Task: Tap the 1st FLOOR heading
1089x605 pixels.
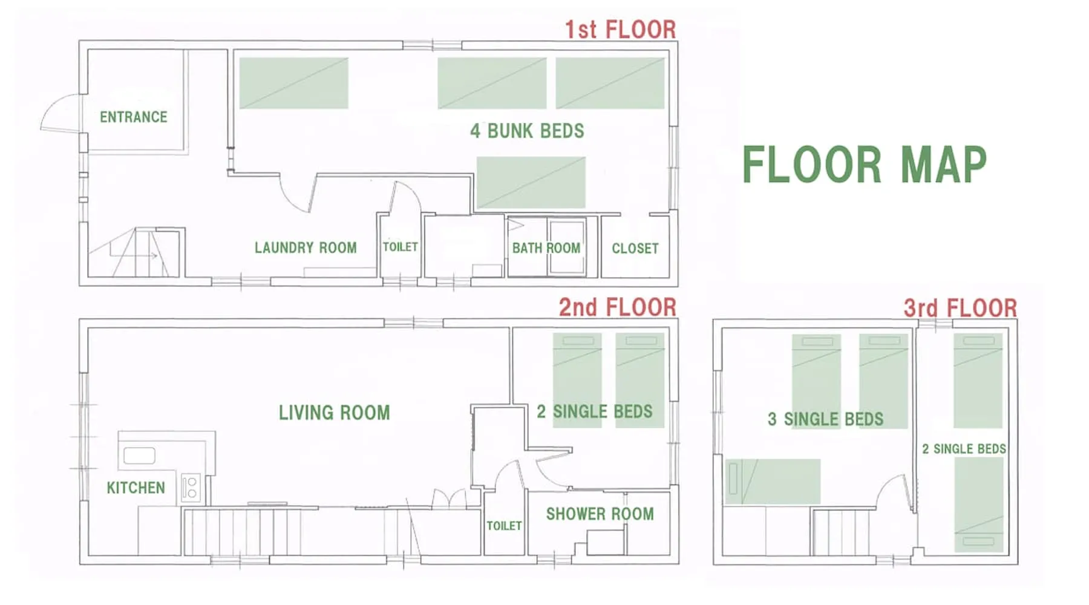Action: [620, 30]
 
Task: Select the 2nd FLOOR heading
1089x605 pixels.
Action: [617, 307]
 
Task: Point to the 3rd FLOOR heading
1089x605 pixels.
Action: [960, 308]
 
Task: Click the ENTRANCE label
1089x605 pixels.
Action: [134, 117]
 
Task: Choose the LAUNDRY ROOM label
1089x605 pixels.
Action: [306, 247]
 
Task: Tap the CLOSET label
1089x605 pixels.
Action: [635, 248]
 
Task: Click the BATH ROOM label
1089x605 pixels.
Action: [546, 248]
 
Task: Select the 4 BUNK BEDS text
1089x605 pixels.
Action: [527, 131]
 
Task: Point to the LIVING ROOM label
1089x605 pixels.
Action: [335, 413]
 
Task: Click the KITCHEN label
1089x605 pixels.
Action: [136, 488]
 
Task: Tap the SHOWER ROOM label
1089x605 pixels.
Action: [600, 514]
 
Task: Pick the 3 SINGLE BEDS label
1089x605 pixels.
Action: [825, 419]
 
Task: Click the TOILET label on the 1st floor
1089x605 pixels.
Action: [401, 247]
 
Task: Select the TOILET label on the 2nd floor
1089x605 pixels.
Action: [504, 526]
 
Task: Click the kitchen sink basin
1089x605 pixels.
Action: [139, 455]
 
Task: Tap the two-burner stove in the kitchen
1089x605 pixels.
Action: [191, 488]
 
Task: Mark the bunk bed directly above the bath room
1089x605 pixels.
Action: [531, 183]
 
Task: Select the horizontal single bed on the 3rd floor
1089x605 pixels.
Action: [773, 482]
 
